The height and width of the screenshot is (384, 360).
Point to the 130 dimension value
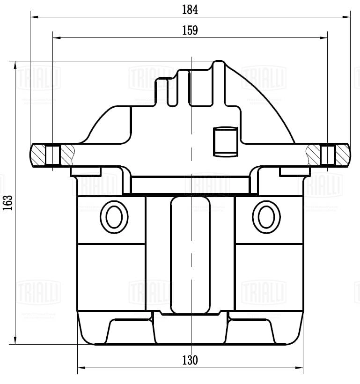190,360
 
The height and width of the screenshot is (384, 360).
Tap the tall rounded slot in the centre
190,255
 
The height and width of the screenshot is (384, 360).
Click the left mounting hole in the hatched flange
53,155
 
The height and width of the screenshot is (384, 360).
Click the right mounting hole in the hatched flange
328,155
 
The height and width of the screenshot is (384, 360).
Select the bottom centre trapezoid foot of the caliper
191,330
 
